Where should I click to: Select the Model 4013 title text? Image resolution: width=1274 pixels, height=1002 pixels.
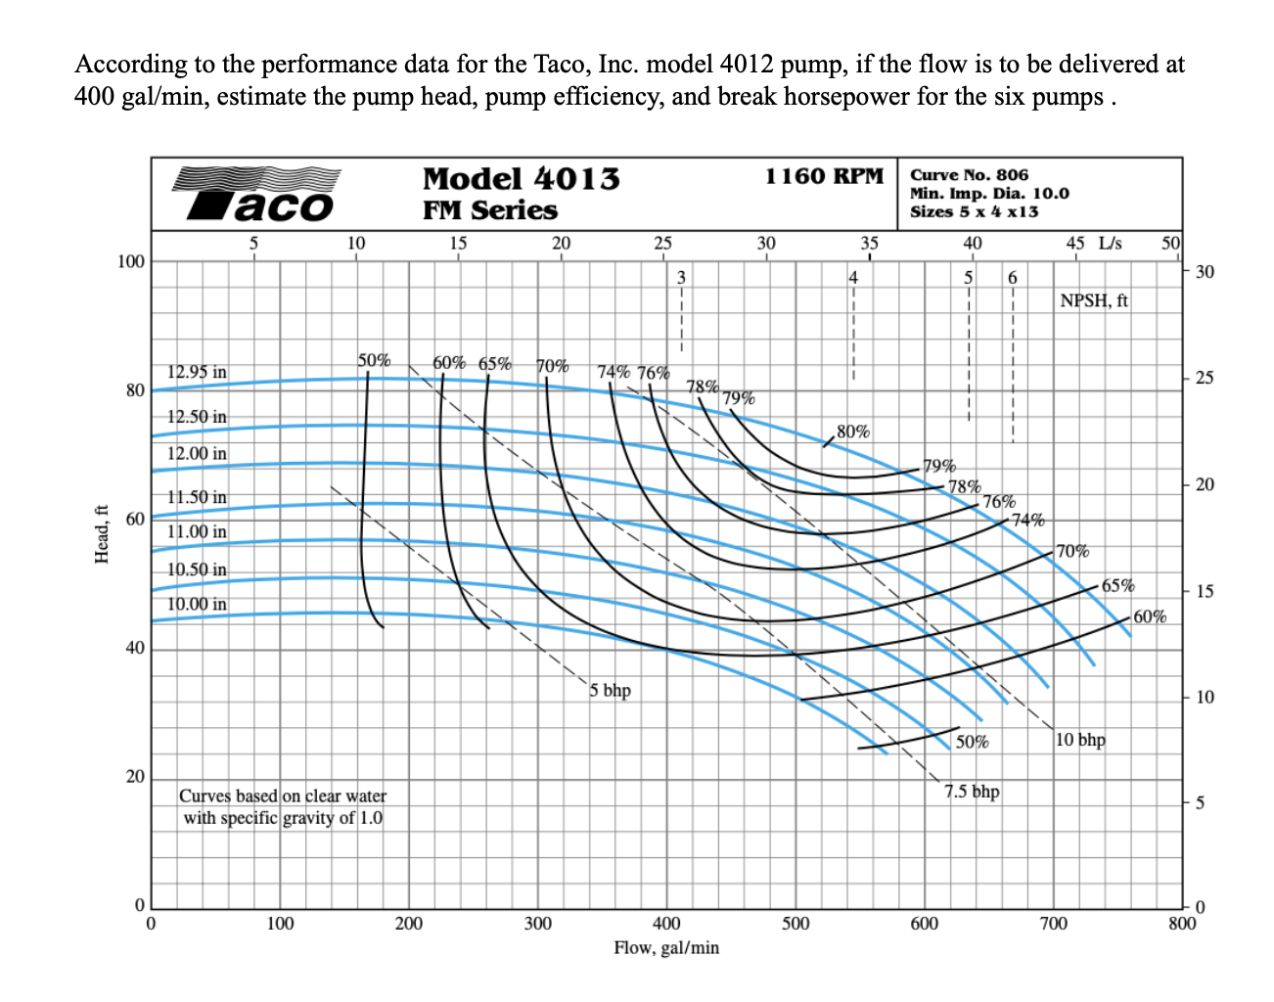click(x=521, y=179)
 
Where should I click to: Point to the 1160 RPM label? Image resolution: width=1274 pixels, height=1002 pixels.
click(x=824, y=176)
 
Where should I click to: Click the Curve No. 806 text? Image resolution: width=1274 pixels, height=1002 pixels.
click(x=969, y=175)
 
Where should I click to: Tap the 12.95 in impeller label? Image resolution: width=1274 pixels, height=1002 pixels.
click(x=197, y=372)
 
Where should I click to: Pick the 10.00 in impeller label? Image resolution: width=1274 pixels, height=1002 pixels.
click(x=197, y=604)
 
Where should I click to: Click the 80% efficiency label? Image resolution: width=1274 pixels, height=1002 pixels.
click(x=853, y=432)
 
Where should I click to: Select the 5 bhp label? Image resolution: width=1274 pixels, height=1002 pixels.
click(x=611, y=690)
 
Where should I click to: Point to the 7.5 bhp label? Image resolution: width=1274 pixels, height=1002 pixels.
click(x=972, y=791)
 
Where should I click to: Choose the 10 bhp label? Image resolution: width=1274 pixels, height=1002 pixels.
click(x=1080, y=739)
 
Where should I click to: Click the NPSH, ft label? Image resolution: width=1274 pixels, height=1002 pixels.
click(x=1093, y=300)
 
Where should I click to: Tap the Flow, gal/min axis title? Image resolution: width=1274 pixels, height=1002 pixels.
click(x=665, y=947)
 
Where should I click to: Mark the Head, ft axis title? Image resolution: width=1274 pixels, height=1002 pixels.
click(x=101, y=534)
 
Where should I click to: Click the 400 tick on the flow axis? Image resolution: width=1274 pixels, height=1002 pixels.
click(x=666, y=923)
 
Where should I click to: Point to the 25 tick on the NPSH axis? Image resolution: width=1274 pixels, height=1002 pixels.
click(x=1205, y=378)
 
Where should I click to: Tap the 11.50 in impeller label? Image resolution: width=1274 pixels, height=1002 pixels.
click(x=197, y=497)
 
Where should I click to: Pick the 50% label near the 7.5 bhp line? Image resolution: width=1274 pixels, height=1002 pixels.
click(x=972, y=742)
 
